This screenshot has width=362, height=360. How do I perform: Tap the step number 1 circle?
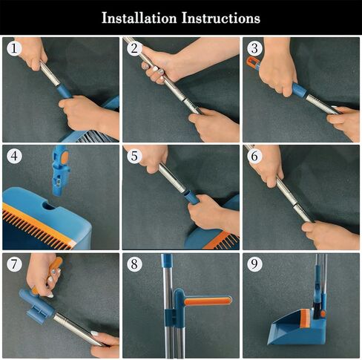(x=13, y=48)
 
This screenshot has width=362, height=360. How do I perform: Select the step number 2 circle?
(x=134, y=48)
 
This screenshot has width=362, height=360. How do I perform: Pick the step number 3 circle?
(x=254, y=48)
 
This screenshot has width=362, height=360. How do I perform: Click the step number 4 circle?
(x=13, y=157)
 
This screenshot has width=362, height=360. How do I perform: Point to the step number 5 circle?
(x=134, y=157)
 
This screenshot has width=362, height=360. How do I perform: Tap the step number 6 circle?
(x=254, y=157)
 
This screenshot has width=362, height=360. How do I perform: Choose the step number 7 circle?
(x=13, y=265)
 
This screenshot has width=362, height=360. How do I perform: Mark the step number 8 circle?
(x=134, y=265)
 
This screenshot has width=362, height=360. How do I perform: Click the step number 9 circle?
(x=254, y=265)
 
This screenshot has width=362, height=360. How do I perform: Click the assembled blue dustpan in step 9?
(x=292, y=328)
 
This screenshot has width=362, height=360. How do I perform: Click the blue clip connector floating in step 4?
(x=59, y=170)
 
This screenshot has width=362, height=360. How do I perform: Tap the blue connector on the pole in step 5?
(x=191, y=197)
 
